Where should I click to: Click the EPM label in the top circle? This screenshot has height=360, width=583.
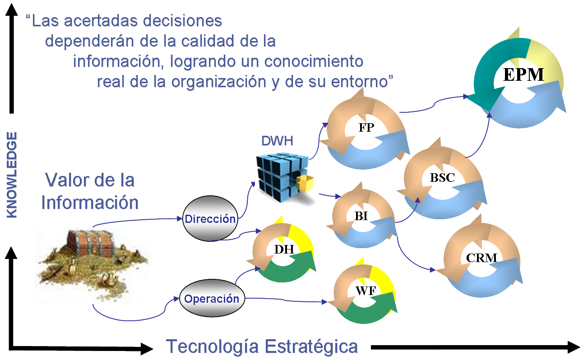[x=523, y=74]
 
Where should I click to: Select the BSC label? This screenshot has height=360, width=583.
[x=442, y=178]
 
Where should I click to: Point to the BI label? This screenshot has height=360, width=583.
[x=361, y=216]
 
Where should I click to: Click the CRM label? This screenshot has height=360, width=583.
[x=481, y=258]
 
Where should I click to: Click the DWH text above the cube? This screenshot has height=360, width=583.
[x=278, y=141]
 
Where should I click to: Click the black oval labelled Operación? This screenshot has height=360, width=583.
[x=211, y=299]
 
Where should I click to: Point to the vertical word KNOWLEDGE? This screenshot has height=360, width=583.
[x=13, y=175]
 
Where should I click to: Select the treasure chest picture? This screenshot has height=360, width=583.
[x=90, y=264]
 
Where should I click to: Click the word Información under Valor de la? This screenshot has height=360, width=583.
[x=90, y=203]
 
